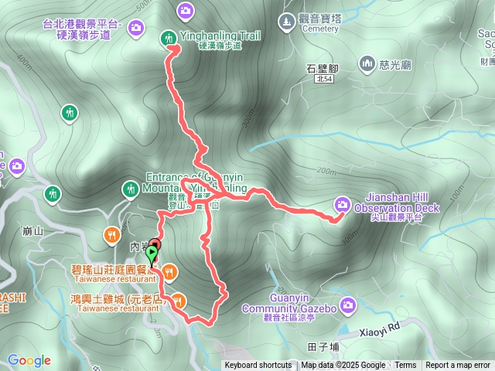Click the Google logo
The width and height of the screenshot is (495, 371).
29,360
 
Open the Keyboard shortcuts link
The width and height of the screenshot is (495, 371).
258,366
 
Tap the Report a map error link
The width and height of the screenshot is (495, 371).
458,366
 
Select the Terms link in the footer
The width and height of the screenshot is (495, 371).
405,366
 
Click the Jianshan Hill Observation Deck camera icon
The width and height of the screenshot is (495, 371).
342,204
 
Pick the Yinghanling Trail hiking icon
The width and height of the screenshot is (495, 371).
168,37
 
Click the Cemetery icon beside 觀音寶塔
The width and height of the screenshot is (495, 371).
286,19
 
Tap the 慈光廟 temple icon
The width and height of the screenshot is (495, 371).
365,66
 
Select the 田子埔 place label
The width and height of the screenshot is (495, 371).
323,346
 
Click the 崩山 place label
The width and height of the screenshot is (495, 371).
33,230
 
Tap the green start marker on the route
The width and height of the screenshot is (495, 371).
151,253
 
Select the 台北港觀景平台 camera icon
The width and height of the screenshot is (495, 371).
136,29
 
